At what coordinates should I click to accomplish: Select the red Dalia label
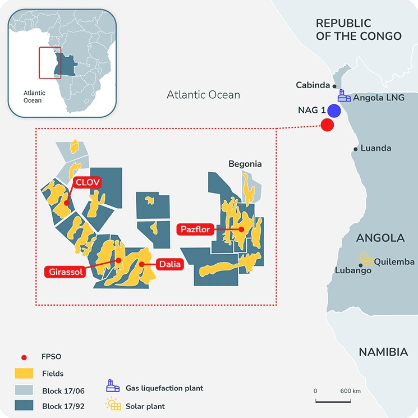coord(170,264)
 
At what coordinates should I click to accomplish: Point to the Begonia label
coord(245,164)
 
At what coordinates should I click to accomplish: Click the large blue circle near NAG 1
coord(334,111)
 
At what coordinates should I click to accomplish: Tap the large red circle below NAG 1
coord(327,125)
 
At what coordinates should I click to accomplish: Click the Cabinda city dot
coord(334,86)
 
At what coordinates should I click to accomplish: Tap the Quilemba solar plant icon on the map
coord(366,259)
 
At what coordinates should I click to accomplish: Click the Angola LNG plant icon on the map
coord(344,97)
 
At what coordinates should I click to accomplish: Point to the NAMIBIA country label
coord(383,352)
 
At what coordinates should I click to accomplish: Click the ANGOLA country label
coord(380,238)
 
